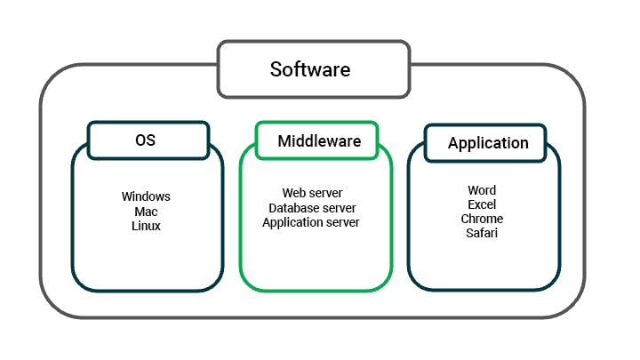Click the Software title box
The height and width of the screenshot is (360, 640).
point(313,68)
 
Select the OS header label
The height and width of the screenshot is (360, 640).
point(148,140)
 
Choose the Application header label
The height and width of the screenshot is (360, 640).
point(488,143)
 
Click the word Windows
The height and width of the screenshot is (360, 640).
point(146,196)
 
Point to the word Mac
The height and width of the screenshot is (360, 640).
point(146,212)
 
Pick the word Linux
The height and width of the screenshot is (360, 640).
point(146,226)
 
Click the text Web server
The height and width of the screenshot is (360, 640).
point(312,193)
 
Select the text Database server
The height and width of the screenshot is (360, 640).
point(312,208)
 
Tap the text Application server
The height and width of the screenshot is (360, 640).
point(311,222)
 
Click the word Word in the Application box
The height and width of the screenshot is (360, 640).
point(482,190)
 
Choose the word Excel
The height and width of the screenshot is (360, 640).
point(482,204)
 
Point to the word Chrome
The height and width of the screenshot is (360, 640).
point(482,219)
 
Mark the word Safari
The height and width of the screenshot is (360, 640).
point(482,233)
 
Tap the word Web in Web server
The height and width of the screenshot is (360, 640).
point(294,193)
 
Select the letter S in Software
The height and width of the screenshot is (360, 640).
point(276,68)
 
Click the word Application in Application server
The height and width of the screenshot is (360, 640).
point(292,222)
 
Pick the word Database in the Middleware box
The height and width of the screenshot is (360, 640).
point(293,208)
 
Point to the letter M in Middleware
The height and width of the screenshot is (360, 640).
point(284,140)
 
